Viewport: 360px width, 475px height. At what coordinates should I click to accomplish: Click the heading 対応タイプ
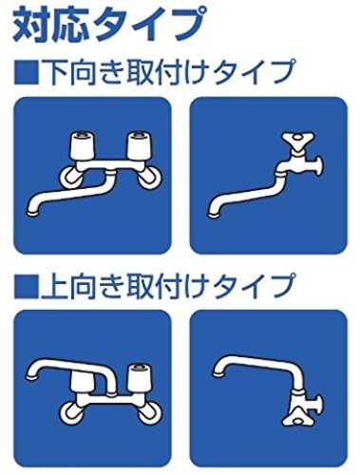[107, 26]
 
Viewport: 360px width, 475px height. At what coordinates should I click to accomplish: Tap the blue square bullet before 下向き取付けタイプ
[27, 73]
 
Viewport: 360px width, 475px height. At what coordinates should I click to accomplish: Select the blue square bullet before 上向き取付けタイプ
[27, 287]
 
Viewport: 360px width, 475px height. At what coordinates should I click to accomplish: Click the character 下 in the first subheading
[54, 72]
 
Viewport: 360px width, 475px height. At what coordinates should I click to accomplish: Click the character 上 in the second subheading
[54, 287]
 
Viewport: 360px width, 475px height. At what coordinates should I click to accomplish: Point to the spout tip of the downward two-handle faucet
[32, 213]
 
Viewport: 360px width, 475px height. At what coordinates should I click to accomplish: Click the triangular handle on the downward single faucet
[297, 141]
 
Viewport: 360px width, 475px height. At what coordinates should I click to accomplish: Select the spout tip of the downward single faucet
[214, 213]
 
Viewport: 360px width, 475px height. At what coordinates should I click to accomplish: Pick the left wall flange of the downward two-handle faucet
[71, 178]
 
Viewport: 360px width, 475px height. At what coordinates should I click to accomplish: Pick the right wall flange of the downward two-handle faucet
[149, 178]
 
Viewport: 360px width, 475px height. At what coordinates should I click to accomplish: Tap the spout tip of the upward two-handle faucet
[32, 376]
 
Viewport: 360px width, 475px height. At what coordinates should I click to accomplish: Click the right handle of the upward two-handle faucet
[139, 379]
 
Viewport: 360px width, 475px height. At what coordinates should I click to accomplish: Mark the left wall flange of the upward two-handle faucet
[71, 412]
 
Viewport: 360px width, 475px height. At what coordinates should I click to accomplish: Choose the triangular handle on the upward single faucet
[297, 417]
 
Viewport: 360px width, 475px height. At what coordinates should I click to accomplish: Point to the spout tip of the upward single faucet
[218, 372]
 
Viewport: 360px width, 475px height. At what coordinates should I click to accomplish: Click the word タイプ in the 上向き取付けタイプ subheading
[254, 287]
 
